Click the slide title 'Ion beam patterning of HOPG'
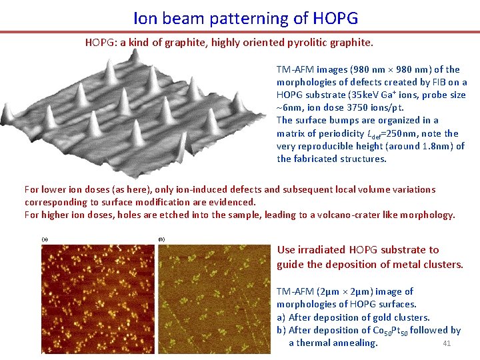245,17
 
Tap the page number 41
447,343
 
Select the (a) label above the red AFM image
45,239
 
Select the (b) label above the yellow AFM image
161,239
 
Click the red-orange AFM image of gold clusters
98,299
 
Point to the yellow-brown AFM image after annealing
215,299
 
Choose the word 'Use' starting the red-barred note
286,250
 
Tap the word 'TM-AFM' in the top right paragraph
295,69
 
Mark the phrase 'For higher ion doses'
71,215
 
